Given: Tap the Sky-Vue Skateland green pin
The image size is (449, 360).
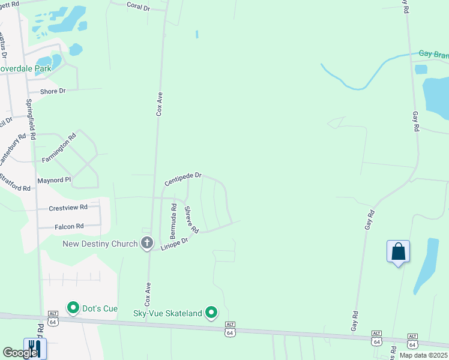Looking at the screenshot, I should (x=211, y=312).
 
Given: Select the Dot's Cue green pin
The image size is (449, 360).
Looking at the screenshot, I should (x=73, y=308).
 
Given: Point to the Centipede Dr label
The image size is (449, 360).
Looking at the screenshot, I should (x=183, y=179).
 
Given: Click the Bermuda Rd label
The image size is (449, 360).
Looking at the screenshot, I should (x=173, y=220).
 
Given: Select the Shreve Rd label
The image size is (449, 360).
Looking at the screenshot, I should (x=191, y=220).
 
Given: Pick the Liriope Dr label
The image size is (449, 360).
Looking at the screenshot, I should (x=175, y=243).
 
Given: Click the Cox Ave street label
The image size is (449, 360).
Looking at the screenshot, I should (x=160, y=103).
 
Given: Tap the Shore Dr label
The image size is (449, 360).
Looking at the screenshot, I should (x=52, y=91).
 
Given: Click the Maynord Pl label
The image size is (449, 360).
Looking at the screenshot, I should (x=54, y=179).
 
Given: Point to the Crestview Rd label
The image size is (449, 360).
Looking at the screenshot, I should (x=68, y=207).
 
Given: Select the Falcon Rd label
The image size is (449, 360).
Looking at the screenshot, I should (x=69, y=226).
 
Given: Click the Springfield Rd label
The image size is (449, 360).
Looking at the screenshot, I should (x=31, y=121).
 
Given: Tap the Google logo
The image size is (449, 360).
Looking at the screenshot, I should (x=20, y=353).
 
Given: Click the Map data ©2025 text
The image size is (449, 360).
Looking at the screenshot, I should (x=423, y=355).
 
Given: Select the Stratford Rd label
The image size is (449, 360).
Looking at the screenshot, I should (x=15, y=184).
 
